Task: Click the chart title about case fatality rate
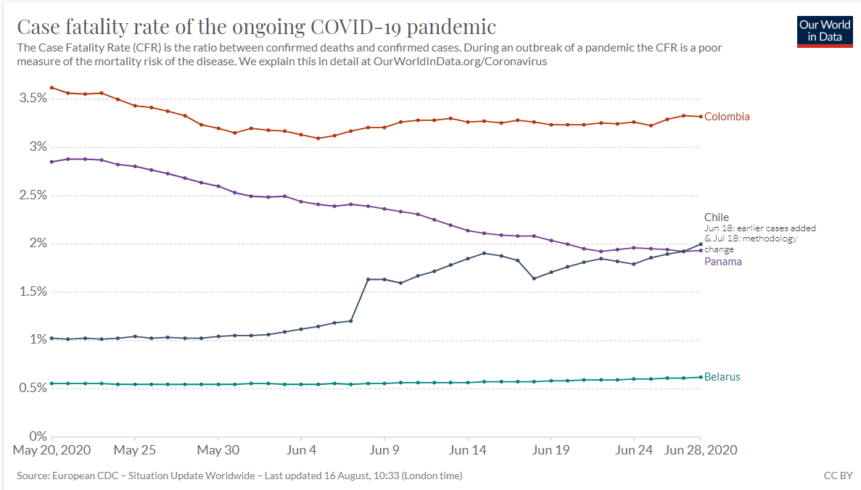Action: (257, 27)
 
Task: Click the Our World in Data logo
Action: (824, 31)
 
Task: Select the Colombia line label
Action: (727, 117)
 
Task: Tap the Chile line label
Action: (717, 217)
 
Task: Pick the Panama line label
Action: (723, 262)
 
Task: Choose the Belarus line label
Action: (722, 377)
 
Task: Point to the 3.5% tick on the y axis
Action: (33, 98)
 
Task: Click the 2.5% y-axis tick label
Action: (33, 195)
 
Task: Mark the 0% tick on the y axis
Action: (38, 436)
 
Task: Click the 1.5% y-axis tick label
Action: (33, 291)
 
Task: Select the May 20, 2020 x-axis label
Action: (52, 450)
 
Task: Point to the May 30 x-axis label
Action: (218, 450)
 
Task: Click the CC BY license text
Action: (838, 476)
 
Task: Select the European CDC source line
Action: (239, 476)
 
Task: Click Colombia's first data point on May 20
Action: (52, 88)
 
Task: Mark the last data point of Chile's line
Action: (701, 244)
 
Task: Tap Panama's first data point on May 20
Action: (52, 162)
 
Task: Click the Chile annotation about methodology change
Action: (759, 238)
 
